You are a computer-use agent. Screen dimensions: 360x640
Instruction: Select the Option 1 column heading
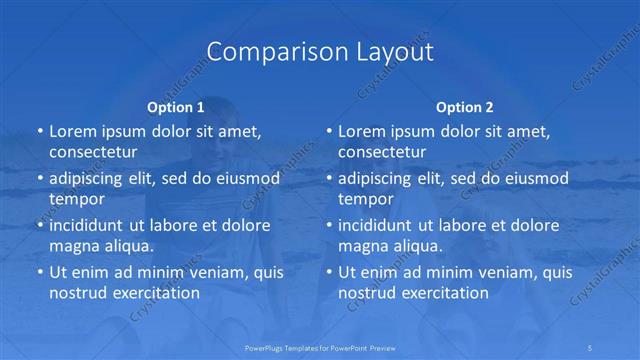[175, 105]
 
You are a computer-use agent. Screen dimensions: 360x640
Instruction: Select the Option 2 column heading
[465, 105]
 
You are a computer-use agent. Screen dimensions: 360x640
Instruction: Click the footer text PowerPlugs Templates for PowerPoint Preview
[320, 347]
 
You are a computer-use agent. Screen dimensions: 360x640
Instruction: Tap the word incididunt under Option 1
[89, 225]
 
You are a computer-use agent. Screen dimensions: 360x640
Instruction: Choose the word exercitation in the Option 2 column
[444, 293]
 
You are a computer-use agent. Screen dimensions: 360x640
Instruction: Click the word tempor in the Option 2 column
[365, 199]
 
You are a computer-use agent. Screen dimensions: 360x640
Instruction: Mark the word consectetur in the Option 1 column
[94, 152]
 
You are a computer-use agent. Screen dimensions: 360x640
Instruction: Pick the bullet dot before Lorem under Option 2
[329, 131]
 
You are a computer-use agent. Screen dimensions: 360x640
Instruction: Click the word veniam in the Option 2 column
[489, 272]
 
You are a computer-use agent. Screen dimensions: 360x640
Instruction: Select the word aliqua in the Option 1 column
[126, 246]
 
